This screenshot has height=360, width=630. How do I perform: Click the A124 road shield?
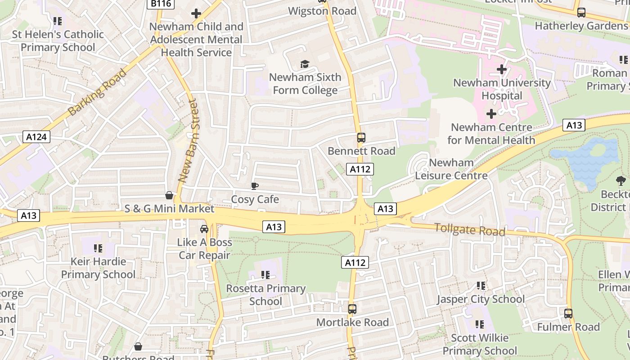(36, 137)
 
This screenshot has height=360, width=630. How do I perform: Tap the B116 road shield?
(161, 4)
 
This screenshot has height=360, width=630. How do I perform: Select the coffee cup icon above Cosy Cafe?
(255, 186)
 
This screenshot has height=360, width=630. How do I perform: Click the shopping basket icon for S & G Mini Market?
(169, 195)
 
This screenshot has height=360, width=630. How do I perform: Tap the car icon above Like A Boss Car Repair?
(204, 229)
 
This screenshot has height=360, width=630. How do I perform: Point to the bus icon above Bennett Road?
(361, 138)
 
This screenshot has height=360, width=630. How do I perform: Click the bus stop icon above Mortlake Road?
(352, 309)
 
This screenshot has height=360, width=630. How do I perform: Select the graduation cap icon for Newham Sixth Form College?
(305, 64)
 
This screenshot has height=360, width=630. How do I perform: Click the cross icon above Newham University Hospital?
(502, 69)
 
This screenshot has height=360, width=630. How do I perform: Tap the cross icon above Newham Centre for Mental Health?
(491, 114)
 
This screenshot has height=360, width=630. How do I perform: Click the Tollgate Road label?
(469, 229)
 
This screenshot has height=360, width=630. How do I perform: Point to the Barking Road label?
(97, 92)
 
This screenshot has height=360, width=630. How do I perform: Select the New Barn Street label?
(188, 141)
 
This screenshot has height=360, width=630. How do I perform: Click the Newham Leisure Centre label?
(451, 169)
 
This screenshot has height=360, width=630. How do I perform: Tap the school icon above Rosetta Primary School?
(265, 274)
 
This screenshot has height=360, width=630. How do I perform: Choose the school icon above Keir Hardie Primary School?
(98, 248)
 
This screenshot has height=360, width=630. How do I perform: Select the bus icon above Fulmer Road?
(568, 313)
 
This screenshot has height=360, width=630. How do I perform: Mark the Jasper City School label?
(481, 299)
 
